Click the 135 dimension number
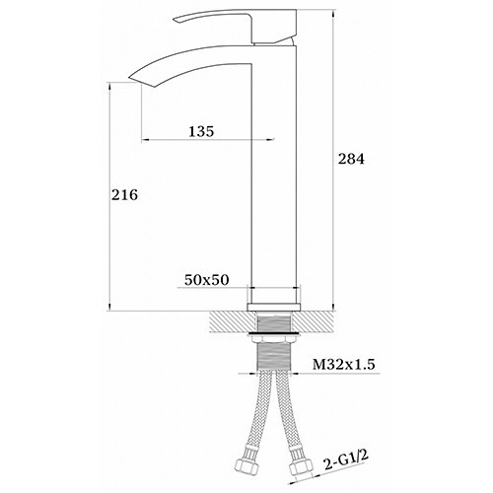201,131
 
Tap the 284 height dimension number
351,159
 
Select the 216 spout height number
124,195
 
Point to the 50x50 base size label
206,280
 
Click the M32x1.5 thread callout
343,364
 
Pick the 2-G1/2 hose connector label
345,460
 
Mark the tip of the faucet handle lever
176,22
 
